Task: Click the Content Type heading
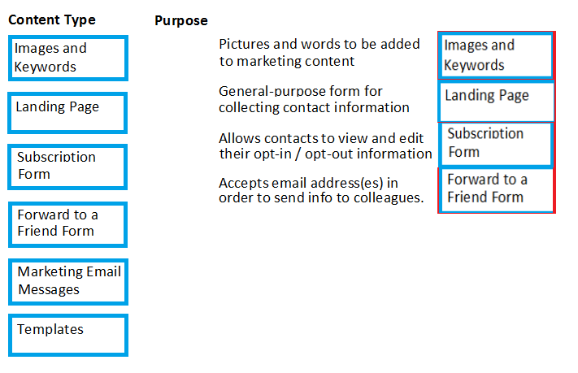click(52, 20)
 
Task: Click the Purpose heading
click(181, 20)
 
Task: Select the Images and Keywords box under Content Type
click(68, 58)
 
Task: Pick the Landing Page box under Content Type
click(67, 113)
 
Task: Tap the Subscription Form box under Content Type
click(67, 167)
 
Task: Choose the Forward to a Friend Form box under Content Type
click(67, 224)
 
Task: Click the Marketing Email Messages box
click(68, 282)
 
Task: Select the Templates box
click(68, 335)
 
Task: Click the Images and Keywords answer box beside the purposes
click(497, 55)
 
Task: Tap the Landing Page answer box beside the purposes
click(497, 102)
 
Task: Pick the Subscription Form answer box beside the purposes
click(497, 144)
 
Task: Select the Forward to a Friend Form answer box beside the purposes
click(497, 190)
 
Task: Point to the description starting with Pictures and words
click(319, 52)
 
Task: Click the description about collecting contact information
click(314, 99)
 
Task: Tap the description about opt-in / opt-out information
click(325, 146)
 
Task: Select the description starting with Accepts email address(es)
click(321, 190)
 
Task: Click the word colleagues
click(389, 198)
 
